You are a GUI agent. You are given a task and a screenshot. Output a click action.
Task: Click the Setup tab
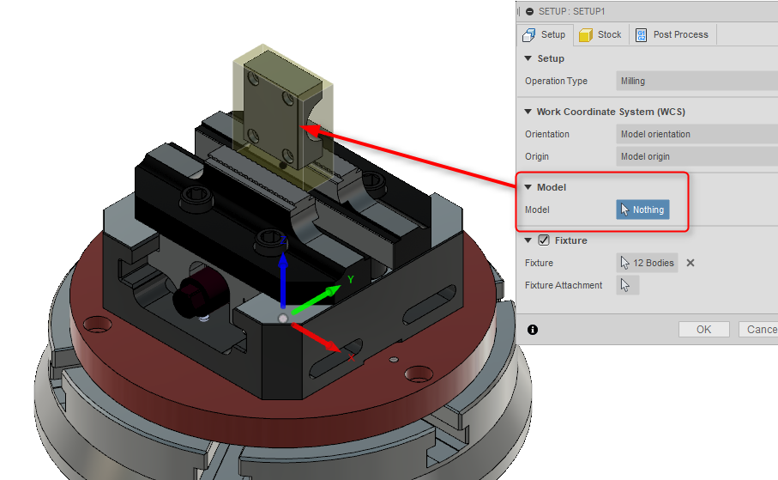(x=545, y=35)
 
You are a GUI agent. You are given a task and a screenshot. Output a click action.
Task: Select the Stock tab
(x=600, y=35)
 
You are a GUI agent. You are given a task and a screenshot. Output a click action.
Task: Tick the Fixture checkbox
(x=543, y=240)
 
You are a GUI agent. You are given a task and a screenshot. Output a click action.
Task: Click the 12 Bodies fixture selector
(x=647, y=263)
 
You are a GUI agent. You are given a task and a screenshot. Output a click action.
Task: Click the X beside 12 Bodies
(x=691, y=263)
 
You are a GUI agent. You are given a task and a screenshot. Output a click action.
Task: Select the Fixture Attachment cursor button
(x=627, y=285)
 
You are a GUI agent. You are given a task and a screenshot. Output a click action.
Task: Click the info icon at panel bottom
(x=533, y=329)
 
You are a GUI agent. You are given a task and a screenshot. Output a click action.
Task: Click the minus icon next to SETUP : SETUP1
(x=529, y=11)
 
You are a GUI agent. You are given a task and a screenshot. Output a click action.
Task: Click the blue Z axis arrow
(x=283, y=283)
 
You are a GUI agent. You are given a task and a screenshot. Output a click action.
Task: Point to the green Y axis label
(x=350, y=279)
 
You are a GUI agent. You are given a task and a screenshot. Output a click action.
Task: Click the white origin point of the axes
(x=283, y=318)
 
